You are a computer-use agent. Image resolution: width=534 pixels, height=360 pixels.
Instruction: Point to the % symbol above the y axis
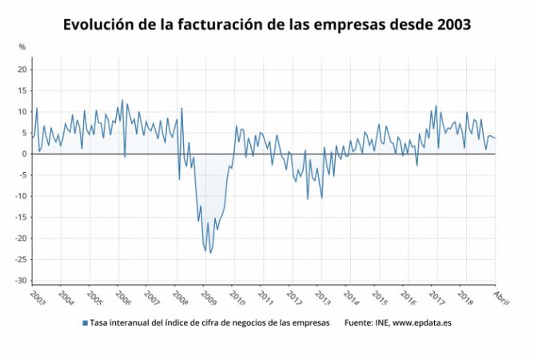[x=22, y=47]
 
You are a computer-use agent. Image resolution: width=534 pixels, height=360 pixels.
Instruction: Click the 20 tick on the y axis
[x=22, y=70]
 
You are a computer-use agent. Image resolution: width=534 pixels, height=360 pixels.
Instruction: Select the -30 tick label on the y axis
[x=21, y=280]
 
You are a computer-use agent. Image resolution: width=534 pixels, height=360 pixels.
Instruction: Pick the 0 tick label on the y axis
[x=25, y=154]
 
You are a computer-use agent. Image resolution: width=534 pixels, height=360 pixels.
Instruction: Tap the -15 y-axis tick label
[x=21, y=217]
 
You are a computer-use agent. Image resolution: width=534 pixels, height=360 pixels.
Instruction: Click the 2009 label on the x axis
[x=209, y=298]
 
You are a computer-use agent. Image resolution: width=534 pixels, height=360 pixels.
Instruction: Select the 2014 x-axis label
[x=351, y=298]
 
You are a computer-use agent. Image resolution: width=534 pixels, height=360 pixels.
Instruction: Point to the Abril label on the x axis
[x=501, y=298]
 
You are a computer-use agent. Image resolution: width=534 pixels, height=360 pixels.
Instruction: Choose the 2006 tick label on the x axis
[x=123, y=298]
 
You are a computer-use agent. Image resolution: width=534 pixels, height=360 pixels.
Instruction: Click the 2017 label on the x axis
[x=437, y=298]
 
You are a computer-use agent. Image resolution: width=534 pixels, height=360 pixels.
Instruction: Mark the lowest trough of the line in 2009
[x=209, y=253]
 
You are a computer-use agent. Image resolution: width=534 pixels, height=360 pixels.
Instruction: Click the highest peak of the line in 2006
[x=122, y=100]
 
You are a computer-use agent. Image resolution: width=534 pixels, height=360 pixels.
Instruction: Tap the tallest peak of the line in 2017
[x=436, y=106]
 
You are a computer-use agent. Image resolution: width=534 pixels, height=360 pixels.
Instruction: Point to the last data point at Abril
[x=495, y=138]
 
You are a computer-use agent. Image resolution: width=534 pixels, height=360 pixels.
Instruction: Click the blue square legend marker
[x=86, y=323]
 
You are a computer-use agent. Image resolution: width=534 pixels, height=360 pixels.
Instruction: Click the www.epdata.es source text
[x=422, y=323]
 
